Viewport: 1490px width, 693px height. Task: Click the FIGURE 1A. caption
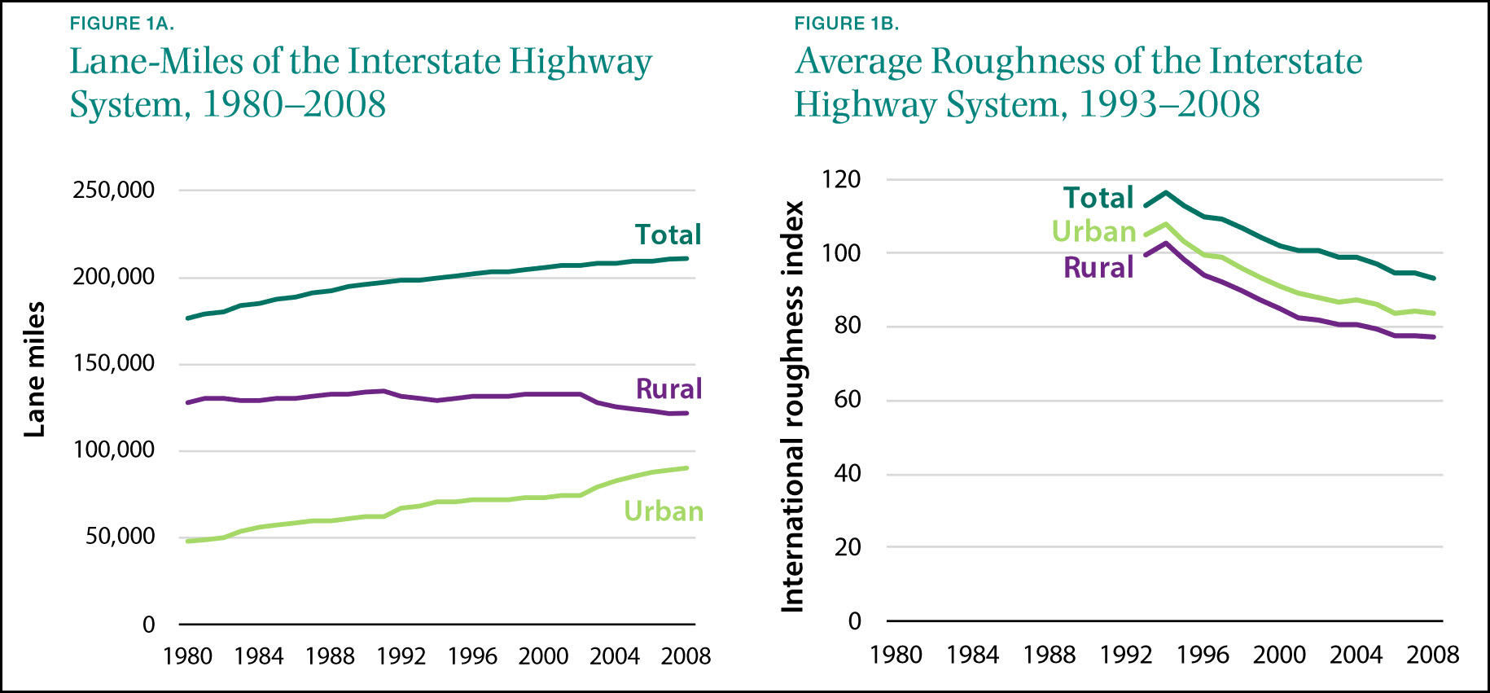[122, 24]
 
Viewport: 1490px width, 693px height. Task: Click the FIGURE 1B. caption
[847, 24]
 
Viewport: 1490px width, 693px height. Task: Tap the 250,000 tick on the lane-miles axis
[114, 190]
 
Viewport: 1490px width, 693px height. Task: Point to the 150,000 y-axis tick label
[114, 363]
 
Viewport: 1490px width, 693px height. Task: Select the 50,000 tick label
[121, 536]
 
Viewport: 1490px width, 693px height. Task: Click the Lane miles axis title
[34, 369]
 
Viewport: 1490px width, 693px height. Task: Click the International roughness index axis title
[792, 406]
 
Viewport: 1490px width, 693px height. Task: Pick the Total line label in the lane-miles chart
[668, 235]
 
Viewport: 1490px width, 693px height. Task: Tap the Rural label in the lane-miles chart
[668, 389]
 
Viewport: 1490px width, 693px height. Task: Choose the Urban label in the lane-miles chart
[664, 511]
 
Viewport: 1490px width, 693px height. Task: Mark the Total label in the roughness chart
[1098, 198]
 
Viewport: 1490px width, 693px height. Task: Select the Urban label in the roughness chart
[1093, 231]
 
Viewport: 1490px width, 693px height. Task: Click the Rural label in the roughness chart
[1098, 268]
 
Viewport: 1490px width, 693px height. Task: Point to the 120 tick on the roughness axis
[842, 179]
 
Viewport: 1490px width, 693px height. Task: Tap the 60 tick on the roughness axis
[848, 399]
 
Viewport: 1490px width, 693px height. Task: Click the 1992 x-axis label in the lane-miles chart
[401, 656]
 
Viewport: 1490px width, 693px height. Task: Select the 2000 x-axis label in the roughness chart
[1279, 655]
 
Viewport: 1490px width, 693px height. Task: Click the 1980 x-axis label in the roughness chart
[896, 655]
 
